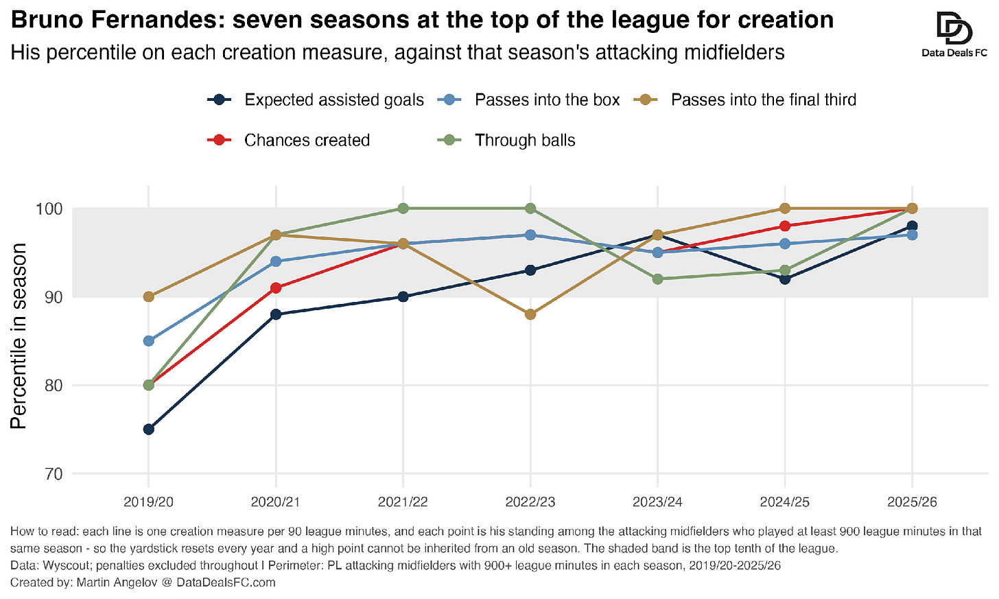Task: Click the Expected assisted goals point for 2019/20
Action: [x=148, y=429]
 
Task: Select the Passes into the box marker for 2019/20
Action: [x=148, y=341]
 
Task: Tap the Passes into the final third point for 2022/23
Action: [x=530, y=314]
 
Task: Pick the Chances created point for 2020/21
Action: [x=276, y=287]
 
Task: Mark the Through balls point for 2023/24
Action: [x=657, y=279]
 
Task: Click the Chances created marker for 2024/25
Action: [x=785, y=226]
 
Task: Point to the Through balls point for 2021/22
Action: [x=403, y=209]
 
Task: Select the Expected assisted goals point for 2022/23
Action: [x=530, y=270]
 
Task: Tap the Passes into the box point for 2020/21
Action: [x=276, y=261]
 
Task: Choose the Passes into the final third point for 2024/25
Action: [x=785, y=209]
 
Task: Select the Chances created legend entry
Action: [x=288, y=140]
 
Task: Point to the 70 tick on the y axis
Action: [x=53, y=473]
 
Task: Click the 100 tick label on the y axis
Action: [x=49, y=209]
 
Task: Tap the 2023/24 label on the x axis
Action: [x=657, y=502]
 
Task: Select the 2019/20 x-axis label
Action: [x=148, y=502]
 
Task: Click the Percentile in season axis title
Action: [x=19, y=336]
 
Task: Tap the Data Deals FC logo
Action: [x=954, y=35]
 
